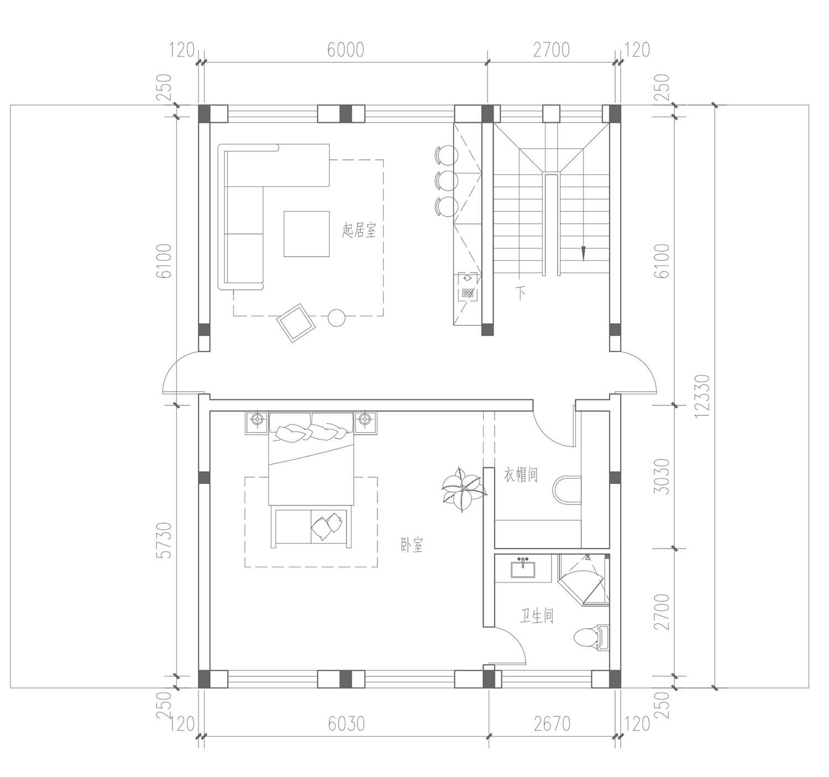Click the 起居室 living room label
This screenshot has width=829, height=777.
tap(359, 230)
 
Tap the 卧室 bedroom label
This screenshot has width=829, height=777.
tap(412, 545)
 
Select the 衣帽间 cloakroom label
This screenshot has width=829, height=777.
tap(521, 474)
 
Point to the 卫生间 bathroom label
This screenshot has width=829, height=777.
tap(537, 616)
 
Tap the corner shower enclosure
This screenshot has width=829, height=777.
tap(584, 579)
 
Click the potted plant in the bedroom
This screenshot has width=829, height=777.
tap(463, 489)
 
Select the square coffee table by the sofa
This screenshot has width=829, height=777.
tap(306, 234)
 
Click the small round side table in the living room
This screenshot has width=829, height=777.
tap(337, 317)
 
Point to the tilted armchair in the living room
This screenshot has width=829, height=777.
tap(296, 323)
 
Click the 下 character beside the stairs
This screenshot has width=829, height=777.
tap(521, 293)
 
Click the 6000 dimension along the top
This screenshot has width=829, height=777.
tap(345, 50)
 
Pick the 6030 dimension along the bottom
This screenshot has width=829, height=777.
tap(346, 724)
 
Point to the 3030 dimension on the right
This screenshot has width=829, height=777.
tap(662, 477)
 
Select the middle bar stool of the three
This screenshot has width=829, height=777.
tap(447, 180)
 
